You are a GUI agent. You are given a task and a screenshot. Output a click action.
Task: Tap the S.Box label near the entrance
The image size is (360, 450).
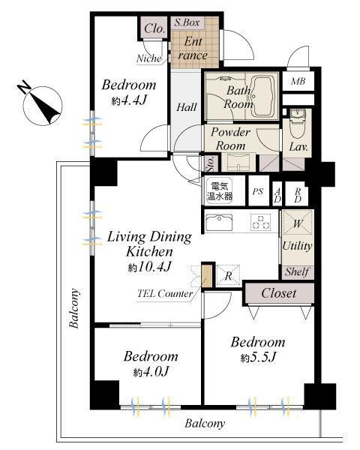[186, 23]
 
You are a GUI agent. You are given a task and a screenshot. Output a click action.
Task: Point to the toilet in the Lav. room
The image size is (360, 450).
[297, 120]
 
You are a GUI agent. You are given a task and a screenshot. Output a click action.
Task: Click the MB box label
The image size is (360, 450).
[298, 82]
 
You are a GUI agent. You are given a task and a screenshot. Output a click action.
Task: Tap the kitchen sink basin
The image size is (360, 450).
[221, 223]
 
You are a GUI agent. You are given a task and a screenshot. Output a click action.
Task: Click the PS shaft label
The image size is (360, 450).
[258, 193]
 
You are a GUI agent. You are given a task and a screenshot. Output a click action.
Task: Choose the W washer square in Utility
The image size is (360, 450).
[298, 223]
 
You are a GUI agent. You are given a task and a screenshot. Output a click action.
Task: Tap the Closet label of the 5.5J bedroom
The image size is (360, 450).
[278, 293]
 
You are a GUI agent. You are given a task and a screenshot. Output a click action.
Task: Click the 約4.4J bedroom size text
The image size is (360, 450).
[129, 100]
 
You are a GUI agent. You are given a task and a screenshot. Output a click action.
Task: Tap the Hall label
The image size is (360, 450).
[186, 107]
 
